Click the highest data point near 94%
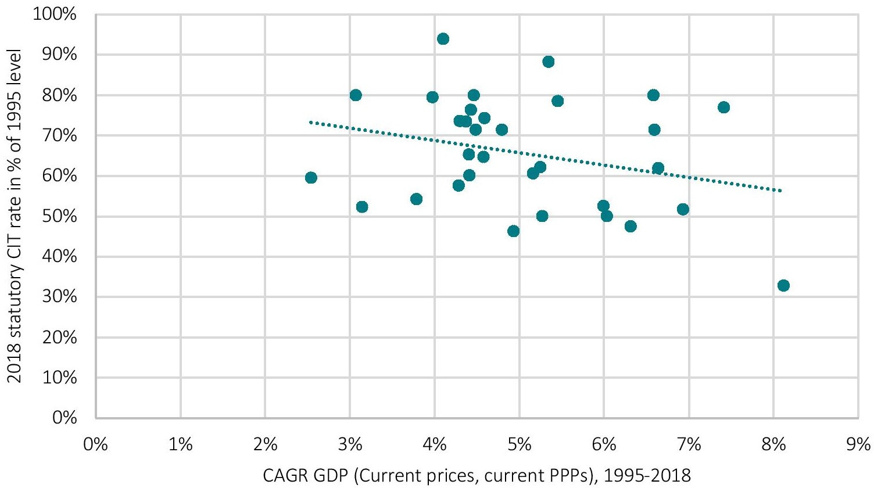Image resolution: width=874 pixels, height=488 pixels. point(443,39)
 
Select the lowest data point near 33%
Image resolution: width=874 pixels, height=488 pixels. point(783,285)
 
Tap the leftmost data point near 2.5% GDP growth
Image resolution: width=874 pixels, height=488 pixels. point(311,177)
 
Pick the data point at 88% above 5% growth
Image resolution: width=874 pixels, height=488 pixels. point(548,62)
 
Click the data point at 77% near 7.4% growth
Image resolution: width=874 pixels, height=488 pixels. point(723,107)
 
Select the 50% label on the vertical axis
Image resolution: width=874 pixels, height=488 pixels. point(60,216)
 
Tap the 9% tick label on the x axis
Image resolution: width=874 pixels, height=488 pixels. point(858,445)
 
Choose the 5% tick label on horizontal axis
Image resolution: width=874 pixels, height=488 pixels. point(519,445)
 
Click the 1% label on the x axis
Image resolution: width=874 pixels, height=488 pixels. point(180,445)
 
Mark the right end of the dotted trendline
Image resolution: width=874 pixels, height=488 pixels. point(782,191)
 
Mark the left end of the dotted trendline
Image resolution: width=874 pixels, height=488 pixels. point(310,122)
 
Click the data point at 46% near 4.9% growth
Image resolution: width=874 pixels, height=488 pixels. point(513,231)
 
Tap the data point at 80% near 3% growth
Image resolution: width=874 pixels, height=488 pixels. point(356,95)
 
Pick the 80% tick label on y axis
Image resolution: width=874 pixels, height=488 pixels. point(60,95)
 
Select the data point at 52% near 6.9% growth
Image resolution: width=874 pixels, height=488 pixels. point(683,209)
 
